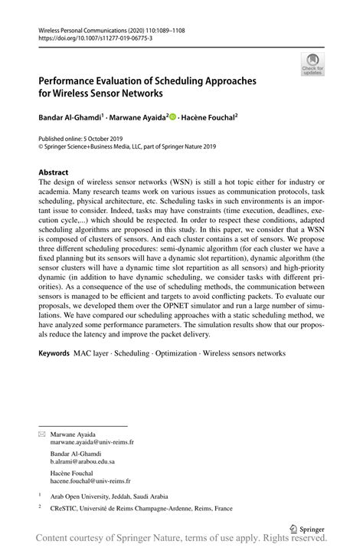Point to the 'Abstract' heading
click(54, 172)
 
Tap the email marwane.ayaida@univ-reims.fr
click(93, 442)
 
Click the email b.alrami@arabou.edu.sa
click(83, 462)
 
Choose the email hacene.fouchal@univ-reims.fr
click(90, 481)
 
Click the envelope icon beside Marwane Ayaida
click(42, 435)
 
